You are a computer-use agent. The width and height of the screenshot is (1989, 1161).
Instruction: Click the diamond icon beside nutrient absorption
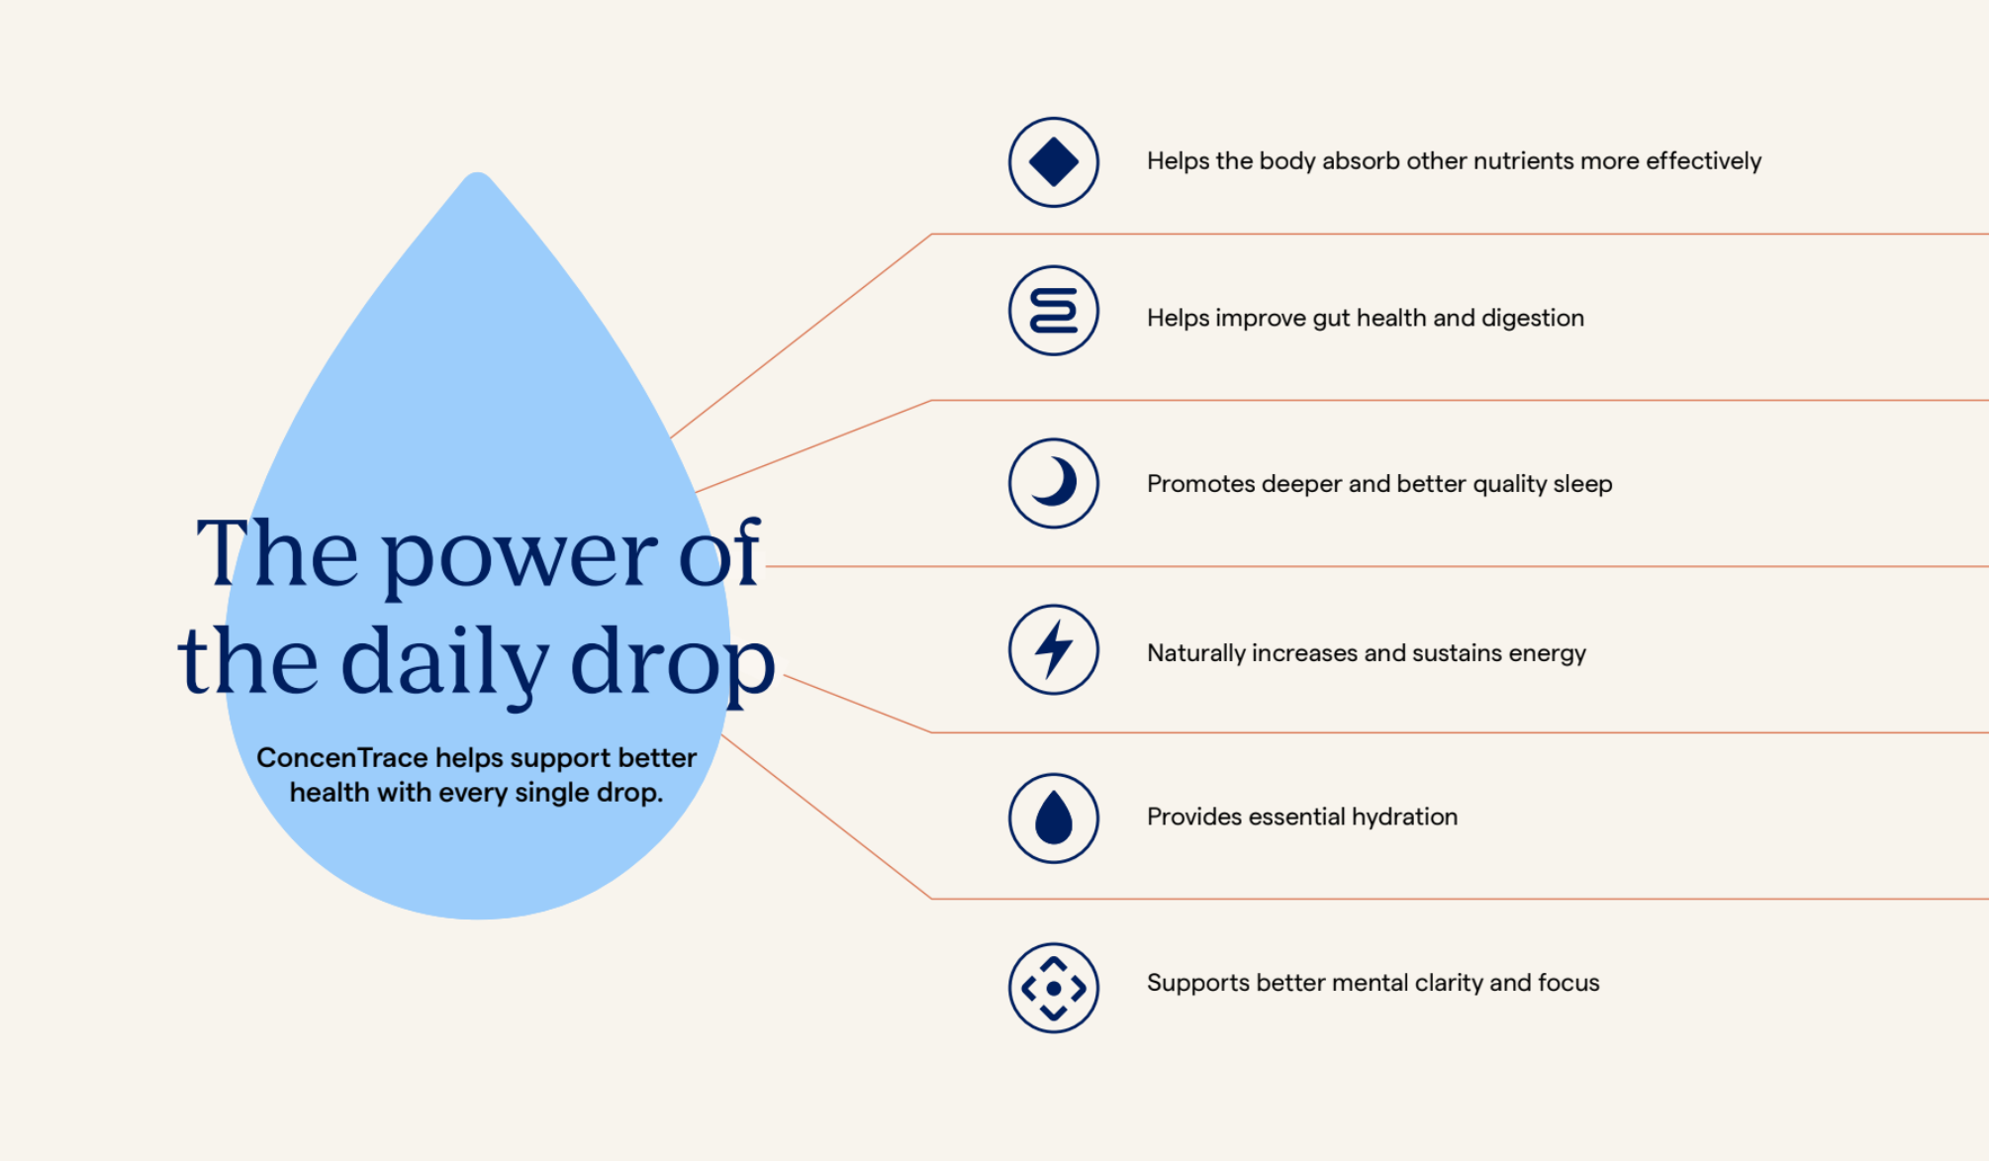[1054, 162]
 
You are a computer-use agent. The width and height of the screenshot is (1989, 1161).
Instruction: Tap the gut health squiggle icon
[1054, 311]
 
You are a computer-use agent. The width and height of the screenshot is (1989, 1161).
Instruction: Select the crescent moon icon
[1054, 483]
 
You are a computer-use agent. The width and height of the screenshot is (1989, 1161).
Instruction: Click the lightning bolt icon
[1054, 649]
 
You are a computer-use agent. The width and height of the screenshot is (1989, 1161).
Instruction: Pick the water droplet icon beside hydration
[1054, 819]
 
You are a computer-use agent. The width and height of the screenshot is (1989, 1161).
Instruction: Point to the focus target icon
[1054, 988]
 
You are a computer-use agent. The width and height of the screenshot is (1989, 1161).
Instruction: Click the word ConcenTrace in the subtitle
[342, 758]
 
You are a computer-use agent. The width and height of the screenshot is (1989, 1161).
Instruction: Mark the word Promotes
[1200, 484]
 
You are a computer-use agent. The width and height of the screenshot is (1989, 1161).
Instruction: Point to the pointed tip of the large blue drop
[478, 174]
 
